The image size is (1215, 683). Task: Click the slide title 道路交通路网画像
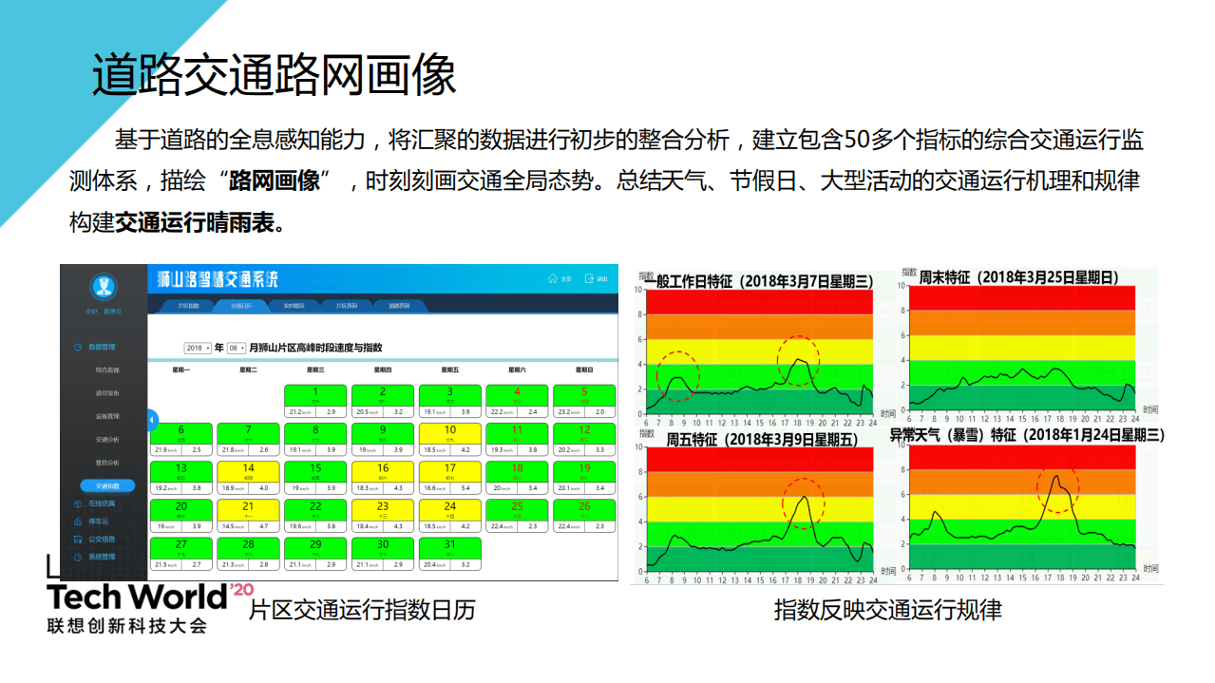274,74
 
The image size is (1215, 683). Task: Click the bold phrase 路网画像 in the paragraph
275,180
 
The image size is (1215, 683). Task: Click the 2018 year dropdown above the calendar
198,348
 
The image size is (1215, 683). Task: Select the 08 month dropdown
236,348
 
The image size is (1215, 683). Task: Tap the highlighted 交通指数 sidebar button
107,486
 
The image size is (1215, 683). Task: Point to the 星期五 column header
449,370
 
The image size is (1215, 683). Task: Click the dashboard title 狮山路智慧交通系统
218,279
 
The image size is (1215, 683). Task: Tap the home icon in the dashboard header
553,279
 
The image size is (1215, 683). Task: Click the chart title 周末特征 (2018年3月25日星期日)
1019,277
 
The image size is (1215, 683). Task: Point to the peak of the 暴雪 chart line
1055,476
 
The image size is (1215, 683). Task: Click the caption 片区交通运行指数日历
361,610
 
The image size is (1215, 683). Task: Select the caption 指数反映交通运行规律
887,610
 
